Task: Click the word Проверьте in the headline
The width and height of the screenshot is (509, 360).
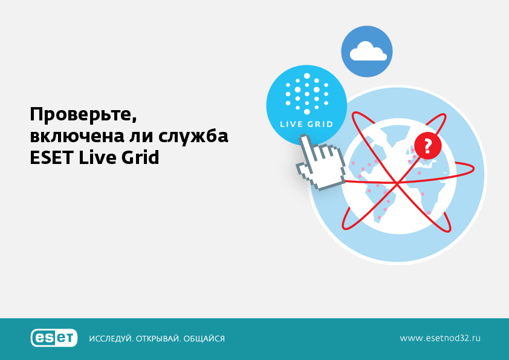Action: [x=83, y=115]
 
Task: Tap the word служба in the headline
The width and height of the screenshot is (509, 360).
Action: [x=193, y=137]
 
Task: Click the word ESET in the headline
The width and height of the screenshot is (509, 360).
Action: [x=51, y=157]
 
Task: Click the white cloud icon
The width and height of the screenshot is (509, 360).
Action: [x=368, y=51]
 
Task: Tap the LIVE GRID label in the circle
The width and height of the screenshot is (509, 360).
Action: [x=306, y=124]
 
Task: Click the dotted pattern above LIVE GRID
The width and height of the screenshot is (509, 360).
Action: [x=306, y=94]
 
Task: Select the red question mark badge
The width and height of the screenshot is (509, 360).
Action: [x=427, y=146]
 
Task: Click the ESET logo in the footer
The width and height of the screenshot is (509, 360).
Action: [x=54, y=338]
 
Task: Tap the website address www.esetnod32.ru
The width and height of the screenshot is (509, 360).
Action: [x=440, y=338]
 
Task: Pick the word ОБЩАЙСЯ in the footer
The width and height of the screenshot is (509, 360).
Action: [x=204, y=339]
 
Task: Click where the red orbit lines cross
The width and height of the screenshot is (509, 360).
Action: [x=397, y=183]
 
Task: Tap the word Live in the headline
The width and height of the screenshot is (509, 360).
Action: [x=97, y=157]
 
